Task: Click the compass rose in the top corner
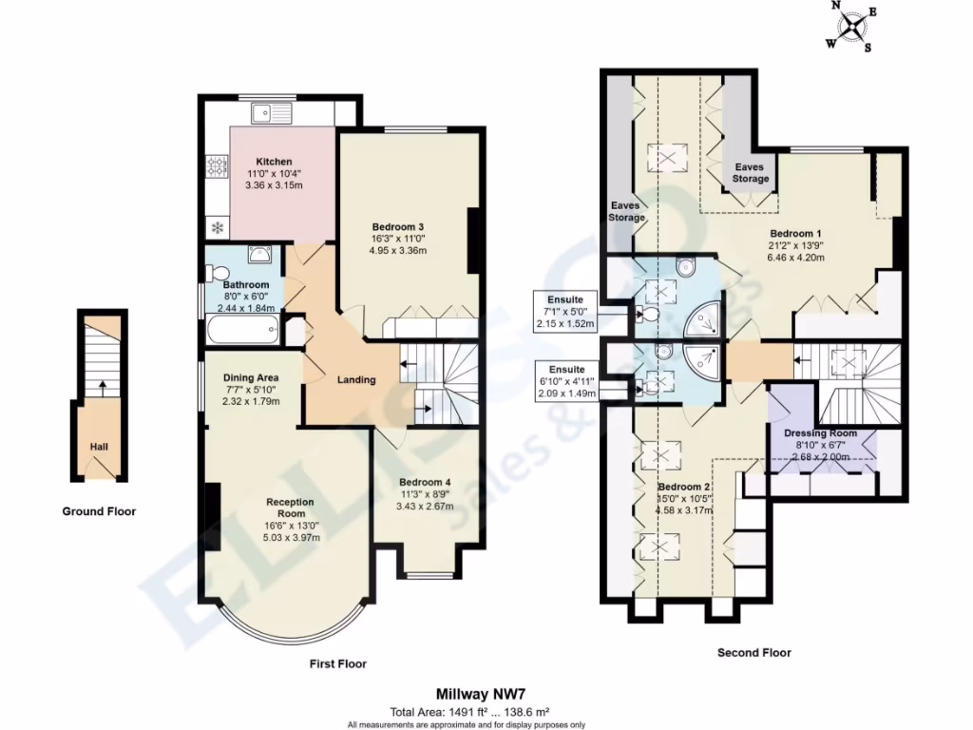click(x=851, y=27)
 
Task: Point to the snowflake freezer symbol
click(x=217, y=228)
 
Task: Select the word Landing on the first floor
click(x=356, y=380)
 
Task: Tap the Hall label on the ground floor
click(x=99, y=446)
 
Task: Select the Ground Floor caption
click(x=99, y=511)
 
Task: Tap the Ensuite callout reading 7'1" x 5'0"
click(x=565, y=312)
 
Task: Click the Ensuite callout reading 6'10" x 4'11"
click(x=566, y=380)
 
